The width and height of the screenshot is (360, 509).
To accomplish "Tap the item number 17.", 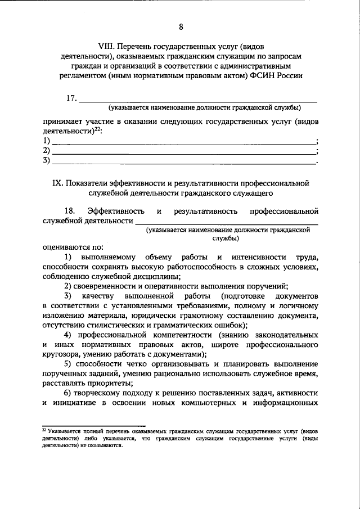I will pos(71,98).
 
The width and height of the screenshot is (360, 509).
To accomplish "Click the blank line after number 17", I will pos(197,102).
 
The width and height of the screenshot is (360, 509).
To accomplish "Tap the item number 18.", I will pos(70,211).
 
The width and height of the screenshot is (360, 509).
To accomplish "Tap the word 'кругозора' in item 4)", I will pos(62,354).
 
